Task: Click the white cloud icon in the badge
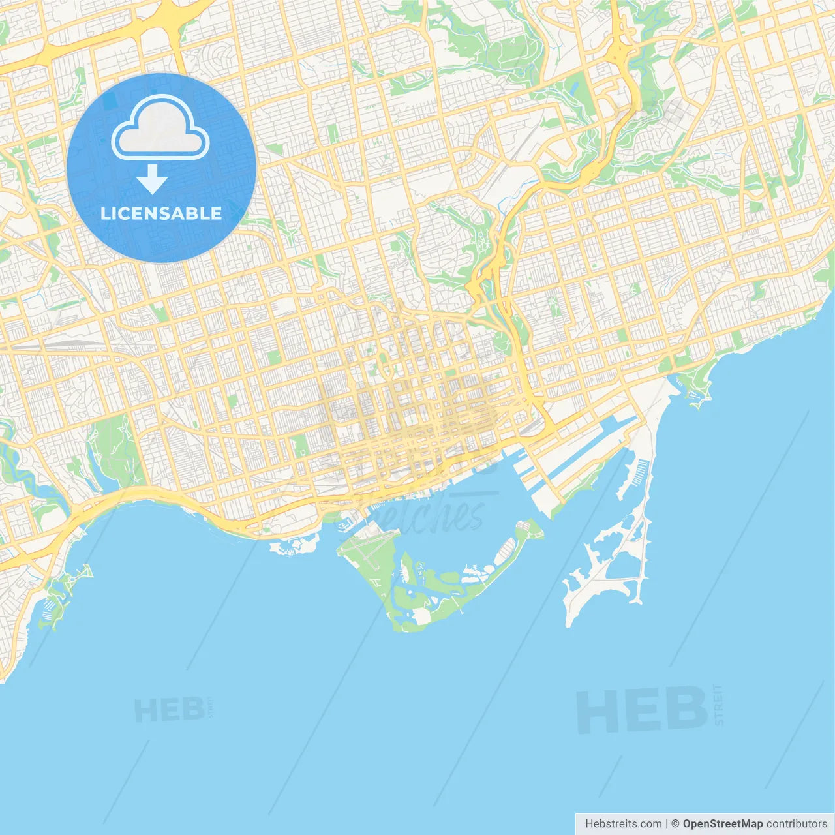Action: (160, 127)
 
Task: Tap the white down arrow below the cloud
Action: (152, 179)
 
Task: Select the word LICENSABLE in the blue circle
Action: (161, 213)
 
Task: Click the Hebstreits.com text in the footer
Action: (623, 824)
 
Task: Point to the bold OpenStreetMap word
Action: (722, 824)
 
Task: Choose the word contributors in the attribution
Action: (797, 824)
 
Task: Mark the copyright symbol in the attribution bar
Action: (676, 824)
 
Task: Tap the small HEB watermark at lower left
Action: (168, 710)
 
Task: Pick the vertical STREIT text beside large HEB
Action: (719, 705)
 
